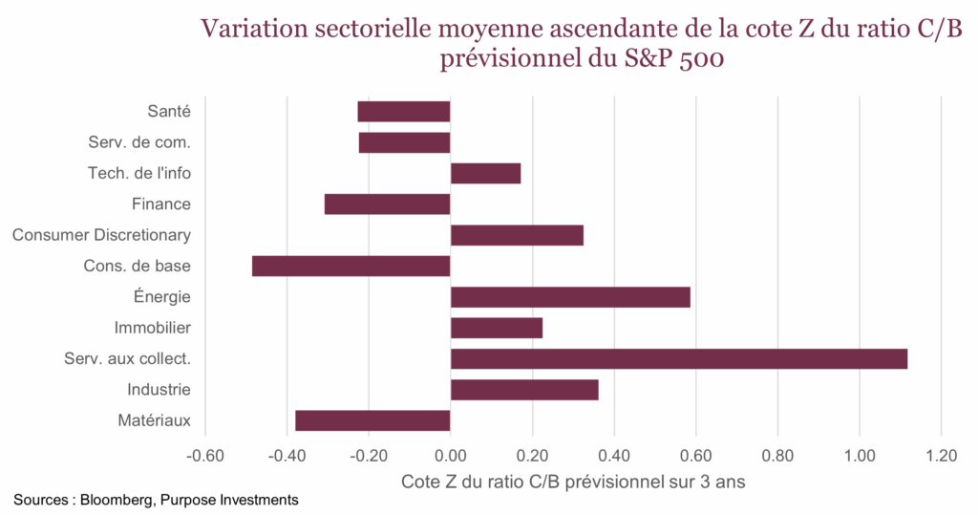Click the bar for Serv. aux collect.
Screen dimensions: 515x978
(678, 359)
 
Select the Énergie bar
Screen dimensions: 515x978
(570, 297)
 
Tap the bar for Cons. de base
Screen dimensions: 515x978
(351, 266)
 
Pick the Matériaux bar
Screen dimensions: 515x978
(372, 420)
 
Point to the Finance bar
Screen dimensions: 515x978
(387, 204)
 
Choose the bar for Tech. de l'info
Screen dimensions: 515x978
(485, 173)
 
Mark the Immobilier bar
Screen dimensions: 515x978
(497, 328)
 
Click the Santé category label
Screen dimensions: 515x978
(169, 111)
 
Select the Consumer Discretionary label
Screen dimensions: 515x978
(101, 235)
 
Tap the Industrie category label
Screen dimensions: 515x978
(159, 390)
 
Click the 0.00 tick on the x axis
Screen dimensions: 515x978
(450, 456)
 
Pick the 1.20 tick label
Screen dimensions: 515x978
(942, 456)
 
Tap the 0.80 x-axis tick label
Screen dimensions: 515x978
(777, 456)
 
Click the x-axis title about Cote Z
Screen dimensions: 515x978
(573, 482)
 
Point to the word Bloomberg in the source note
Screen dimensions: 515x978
(116, 500)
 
